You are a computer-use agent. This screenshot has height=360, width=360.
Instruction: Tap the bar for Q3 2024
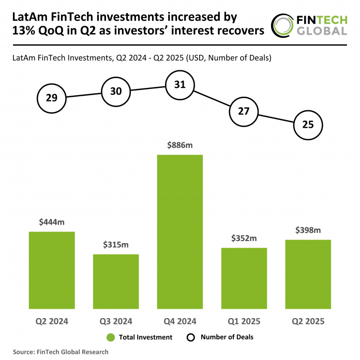pyautogui.click(x=116, y=281)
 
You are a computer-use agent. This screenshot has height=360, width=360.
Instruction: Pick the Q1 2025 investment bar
pyautogui.click(x=244, y=278)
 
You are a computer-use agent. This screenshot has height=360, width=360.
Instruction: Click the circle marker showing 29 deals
pyautogui.click(x=52, y=98)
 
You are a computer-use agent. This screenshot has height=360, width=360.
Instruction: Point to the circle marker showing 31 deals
pyautogui.click(x=179, y=85)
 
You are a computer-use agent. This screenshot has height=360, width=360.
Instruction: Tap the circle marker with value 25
pyautogui.click(x=308, y=125)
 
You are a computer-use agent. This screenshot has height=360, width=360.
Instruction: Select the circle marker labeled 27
pyautogui.click(x=244, y=111)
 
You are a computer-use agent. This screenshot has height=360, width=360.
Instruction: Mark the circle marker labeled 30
pyautogui.click(x=116, y=92)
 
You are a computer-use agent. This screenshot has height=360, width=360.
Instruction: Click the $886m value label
pyautogui.click(x=179, y=146)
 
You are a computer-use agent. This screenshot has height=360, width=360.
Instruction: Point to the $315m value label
pyautogui.click(x=116, y=245)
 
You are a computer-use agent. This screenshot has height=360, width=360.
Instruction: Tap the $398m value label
pyautogui.click(x=308, y=230)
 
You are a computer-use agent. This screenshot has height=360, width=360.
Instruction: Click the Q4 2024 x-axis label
pyautogui.click(x=179, y=321)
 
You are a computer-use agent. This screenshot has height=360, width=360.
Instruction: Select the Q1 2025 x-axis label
pyautogui.click(x=244, y=321)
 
